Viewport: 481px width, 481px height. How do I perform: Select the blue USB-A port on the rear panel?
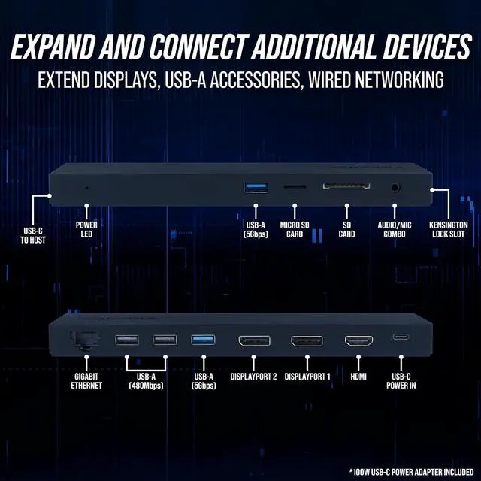point(203,340)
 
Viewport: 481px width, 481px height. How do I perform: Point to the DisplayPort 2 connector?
point(254,340)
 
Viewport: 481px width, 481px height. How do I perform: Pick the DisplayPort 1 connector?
point(307,340)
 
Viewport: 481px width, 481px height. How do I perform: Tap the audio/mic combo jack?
point(395,188)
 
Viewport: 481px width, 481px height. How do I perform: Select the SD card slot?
point(346,186)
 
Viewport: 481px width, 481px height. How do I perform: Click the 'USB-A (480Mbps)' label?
point(146,380)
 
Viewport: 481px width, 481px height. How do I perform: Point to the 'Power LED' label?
point(86,229)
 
